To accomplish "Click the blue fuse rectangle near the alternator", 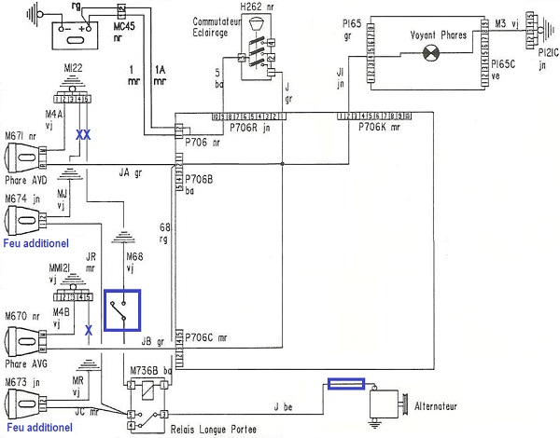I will (346, 384).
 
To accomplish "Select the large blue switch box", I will (122, 310).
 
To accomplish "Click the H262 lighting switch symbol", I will (259, 43).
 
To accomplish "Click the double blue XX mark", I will (83, 135).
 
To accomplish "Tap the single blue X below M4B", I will (88, 329).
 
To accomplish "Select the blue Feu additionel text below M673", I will (36, 428).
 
